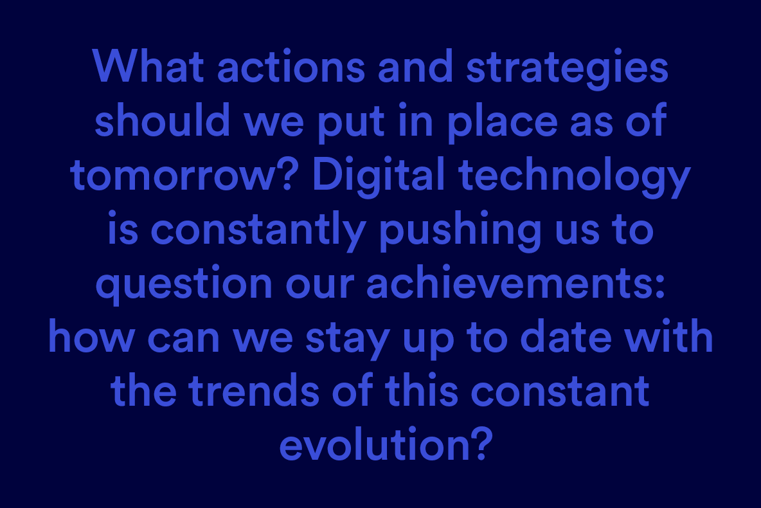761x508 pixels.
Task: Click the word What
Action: (148, 66)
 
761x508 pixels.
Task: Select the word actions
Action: (291, 66)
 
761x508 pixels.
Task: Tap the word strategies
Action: (568, 69)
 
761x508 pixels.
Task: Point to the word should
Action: (162, 120)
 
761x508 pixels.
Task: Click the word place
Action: (502, 123)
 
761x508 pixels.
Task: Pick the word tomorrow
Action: (172, 175)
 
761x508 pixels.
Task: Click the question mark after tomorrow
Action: (287, 174)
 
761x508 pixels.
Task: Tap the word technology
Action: (574, 177)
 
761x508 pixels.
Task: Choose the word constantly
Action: (258, 231)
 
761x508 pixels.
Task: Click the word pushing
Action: (460, 231)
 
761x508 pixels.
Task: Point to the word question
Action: (184, 285)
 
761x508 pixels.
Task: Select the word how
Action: (92, 336)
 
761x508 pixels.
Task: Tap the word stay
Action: (348, 339)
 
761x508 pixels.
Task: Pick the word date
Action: (566, 336)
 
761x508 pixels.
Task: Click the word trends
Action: (254, 390)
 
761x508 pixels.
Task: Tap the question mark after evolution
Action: (483, 442)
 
